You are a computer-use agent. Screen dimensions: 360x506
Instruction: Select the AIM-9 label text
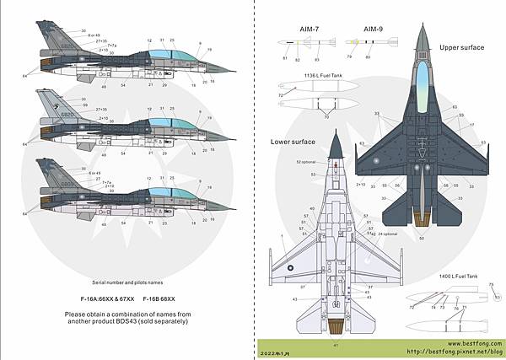[375, 28]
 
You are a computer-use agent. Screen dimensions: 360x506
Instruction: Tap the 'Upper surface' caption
[462, 48]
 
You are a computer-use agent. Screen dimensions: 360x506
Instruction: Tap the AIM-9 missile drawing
[377, 41]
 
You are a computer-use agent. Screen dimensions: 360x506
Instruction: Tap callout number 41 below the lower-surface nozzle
[336, 344]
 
